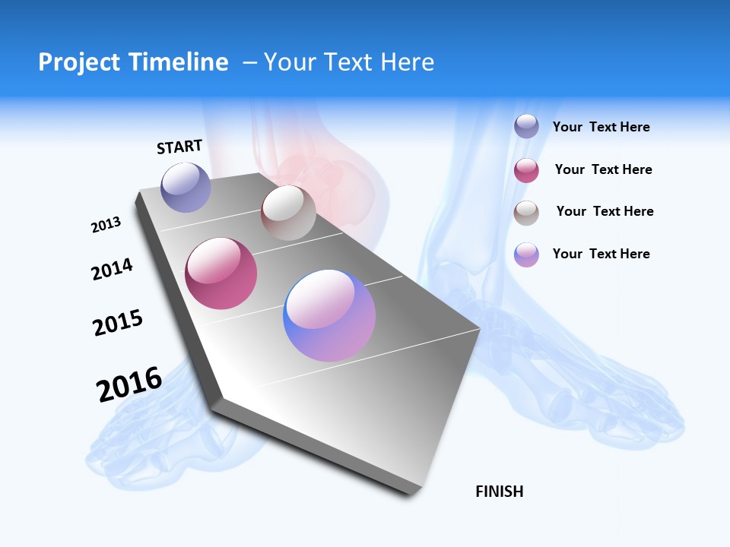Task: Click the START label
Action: click(x=179, y=147)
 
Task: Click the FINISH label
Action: click(x=499, y=492)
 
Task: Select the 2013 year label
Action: click(x=106, y=225)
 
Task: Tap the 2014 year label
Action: click(x=112, y=269)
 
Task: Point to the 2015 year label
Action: click(x=117, y=323)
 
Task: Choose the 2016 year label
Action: click(x=129, y=384)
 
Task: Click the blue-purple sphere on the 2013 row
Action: click(x=186, y=187)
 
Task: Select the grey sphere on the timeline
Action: click(x=288, y=213)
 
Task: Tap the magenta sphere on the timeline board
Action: click(x=221, y=273)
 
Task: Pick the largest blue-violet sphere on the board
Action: click(x=329, y=315)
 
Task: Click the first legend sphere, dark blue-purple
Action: click(x=526, y=127)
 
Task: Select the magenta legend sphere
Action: click(x=526, y=170)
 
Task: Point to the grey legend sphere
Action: click(x=526, y=213)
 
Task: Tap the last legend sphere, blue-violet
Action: click(x=526, y=255)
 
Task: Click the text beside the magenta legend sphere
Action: click(x=603, y=169)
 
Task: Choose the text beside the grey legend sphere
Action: click(x=605, y=211)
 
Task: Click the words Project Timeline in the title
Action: click(x=133, y=62)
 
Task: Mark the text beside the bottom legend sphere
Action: click(x=601, y=254)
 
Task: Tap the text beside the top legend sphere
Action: click(x=601, y=127)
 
